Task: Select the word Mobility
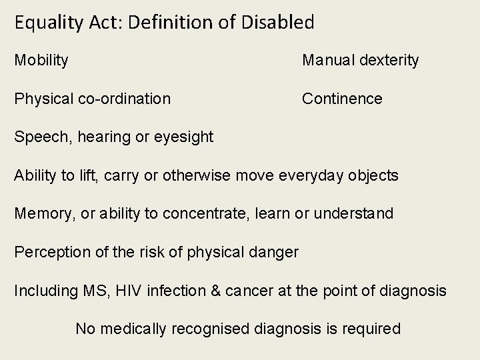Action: point(41,61)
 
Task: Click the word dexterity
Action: point(389,61)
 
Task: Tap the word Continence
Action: point(342,99)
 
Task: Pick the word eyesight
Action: point(183,137)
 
